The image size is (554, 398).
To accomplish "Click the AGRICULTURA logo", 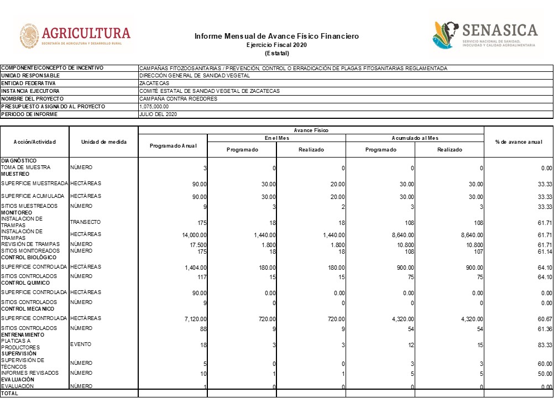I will [x=75, y=36].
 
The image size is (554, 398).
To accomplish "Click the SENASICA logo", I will [x=485, y=35].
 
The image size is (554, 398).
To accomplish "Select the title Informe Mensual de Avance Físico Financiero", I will [x=276, y=36].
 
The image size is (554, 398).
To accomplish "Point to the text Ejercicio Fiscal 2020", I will [x=276, y=45].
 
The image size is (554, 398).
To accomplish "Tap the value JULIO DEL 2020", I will [x=158, y=114].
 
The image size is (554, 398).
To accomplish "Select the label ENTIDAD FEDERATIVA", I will [x=28, y=83].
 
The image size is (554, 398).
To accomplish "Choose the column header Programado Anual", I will [x=173, y=145].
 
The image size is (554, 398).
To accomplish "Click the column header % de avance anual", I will [x=519, y=142].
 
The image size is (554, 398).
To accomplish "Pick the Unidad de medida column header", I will [x=103, y=142].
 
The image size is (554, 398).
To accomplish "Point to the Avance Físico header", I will [x=311, y=130].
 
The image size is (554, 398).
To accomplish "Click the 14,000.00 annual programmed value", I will [x=191, y=235].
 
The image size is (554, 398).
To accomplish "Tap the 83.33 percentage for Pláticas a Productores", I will [x=545, y=345].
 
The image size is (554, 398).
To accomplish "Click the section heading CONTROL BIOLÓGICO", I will [x=29, y=258].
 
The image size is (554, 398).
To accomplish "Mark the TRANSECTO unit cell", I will [x=85, y=222].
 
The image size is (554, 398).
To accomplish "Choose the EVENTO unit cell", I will [x=81, y=344].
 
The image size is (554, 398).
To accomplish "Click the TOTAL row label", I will [x=9, y=394].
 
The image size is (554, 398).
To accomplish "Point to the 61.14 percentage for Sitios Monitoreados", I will [x=545, y=252].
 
